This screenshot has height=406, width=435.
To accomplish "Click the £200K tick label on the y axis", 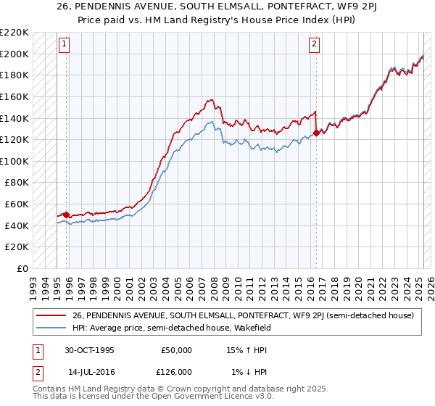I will [x=14, y=54].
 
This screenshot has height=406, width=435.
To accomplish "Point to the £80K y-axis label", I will [x=17, y=183].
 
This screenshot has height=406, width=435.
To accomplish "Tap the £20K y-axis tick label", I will [x=17, y=247].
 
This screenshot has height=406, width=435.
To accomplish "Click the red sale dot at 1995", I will [x=67, y=215].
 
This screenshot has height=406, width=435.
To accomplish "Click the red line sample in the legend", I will [x=51, y=315].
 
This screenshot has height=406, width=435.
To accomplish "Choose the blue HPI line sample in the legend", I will [x=51, y=328].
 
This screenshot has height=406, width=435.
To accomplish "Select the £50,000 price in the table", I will [x=176, y=350].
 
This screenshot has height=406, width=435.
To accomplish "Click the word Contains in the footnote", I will [x=51, y=389].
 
